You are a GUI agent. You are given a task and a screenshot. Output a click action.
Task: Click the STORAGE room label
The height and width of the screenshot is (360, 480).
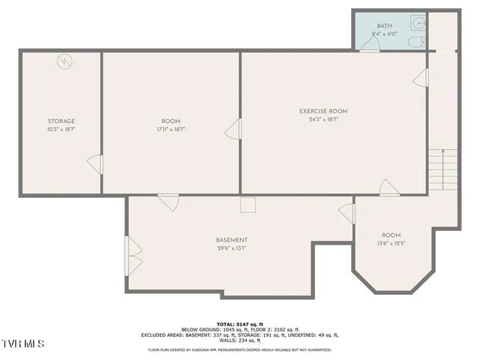pos(61,121)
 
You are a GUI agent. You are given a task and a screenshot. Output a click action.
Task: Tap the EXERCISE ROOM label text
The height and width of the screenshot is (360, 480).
pos(323,111)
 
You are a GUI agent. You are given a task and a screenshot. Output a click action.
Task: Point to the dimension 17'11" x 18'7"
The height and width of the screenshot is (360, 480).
pos(171,129)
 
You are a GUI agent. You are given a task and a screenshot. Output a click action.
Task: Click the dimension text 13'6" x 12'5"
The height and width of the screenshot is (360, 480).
pos(391,243)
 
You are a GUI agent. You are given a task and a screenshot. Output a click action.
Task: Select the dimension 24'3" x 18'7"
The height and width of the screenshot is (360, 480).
pos(323,119)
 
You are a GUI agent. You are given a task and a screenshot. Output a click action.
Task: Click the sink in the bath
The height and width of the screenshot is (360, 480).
pos(421,23)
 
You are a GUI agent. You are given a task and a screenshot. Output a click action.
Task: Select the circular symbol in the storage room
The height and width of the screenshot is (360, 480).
pos(65,61)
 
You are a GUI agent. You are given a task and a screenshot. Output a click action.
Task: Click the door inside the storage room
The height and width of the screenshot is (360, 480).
pos(94,163)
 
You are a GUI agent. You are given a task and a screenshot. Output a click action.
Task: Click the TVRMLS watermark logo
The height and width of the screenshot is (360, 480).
pos(22,343)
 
